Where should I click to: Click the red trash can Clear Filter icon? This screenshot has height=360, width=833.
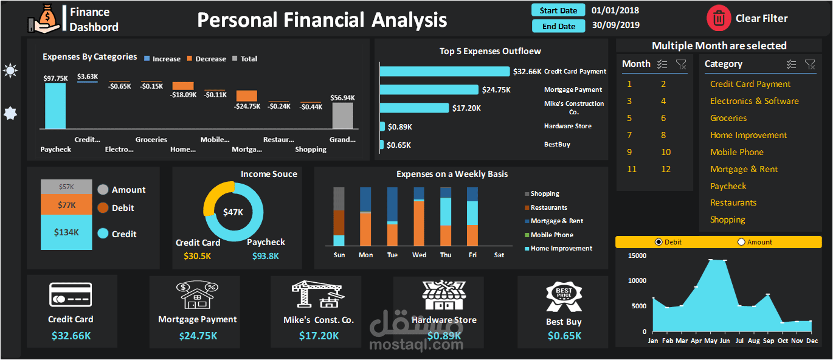[x=719, y=18]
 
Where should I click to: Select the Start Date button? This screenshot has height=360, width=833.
[x=558, y=10]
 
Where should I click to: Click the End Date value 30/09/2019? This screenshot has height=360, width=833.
[x=615, y=26]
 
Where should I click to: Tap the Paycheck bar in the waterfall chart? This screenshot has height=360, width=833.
[x=55, y=106]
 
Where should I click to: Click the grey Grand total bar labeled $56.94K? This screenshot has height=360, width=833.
[x=342, y=116]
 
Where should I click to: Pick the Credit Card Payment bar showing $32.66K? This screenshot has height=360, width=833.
[x=444, y=71]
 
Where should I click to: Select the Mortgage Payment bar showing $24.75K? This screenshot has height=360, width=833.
[x=429, y=89]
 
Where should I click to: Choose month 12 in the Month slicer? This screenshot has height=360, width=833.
[x=666, y=169]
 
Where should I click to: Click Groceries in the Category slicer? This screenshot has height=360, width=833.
[x=728, y=118]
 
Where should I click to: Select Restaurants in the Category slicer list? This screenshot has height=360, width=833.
[x=733, y=202]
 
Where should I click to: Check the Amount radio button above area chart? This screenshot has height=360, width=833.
[x=741, y=242]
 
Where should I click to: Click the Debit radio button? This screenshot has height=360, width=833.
[x=658, y=242]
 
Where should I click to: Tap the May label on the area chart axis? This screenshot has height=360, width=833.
[x=710, y=341]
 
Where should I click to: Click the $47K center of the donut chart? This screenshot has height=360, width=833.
[x=233, y=212]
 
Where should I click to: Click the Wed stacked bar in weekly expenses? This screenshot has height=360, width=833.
[x=419, y=222]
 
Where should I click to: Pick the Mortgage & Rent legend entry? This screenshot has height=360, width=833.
[x=556, y=221]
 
